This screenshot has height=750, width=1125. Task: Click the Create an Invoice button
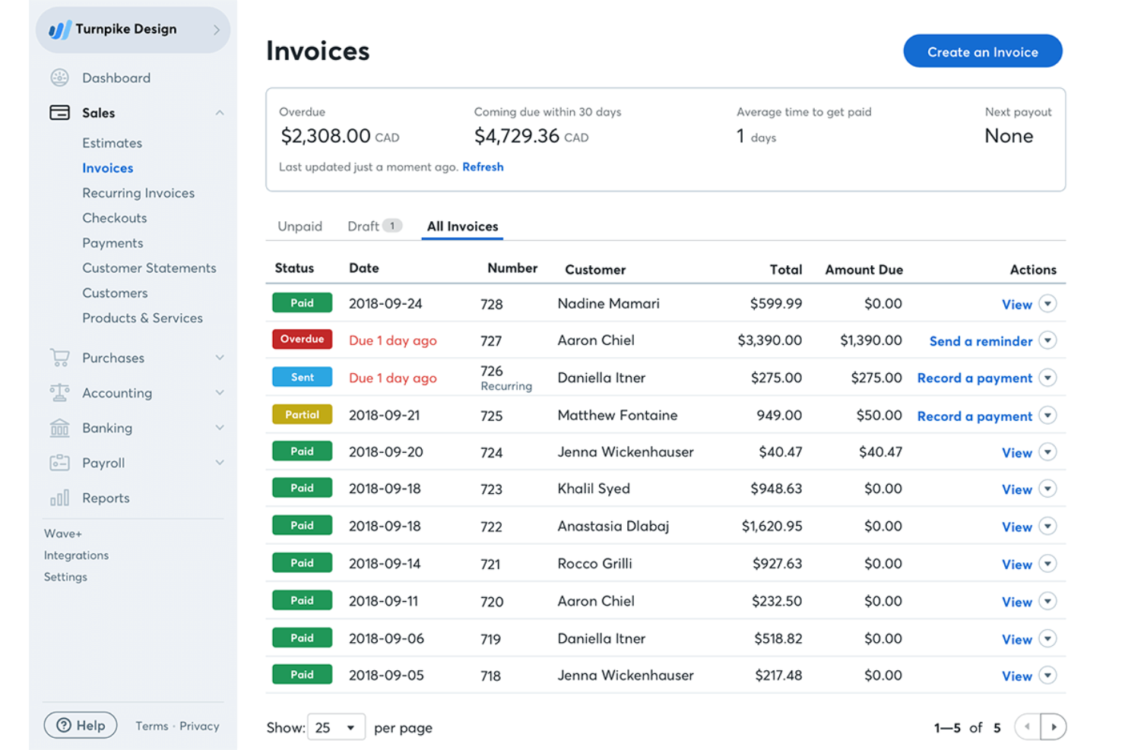click(x=982, y=52)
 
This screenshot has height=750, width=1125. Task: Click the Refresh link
click(x=483, y=167)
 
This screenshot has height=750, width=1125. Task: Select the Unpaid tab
click(x=299, y=226)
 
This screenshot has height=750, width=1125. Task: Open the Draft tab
click(x=363, y=226)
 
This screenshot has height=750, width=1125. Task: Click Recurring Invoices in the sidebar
click(x=138, y=193)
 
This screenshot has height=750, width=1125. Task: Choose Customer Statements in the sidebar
click(x=149, y=268)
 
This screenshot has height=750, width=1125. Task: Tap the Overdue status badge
click(x=302, y=339)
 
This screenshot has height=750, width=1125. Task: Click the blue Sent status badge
click(x=302, y=377)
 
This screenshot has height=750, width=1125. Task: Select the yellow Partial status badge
click(x=302, y=415)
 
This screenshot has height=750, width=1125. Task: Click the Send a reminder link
click(x=981, y=341)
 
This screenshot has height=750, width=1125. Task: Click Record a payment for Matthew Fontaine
click(x=974, y=416)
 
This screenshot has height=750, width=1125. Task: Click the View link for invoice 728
click(x=1016, y=305)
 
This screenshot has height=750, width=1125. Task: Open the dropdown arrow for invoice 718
click(x=1047, y=675)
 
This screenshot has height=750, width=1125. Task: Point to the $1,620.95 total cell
click(x=771, y=526)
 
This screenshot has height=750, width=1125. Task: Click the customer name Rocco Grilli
click(x=594, y=564)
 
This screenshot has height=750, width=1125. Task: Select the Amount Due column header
click(x=864, y=270)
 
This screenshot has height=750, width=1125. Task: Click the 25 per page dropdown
click(x=336, y=727)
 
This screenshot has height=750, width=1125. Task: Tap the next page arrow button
click(x=1053, y=727)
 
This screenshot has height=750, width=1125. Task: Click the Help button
click(x=81, y=726)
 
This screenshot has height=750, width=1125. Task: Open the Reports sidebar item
click(x=106, y=498)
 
